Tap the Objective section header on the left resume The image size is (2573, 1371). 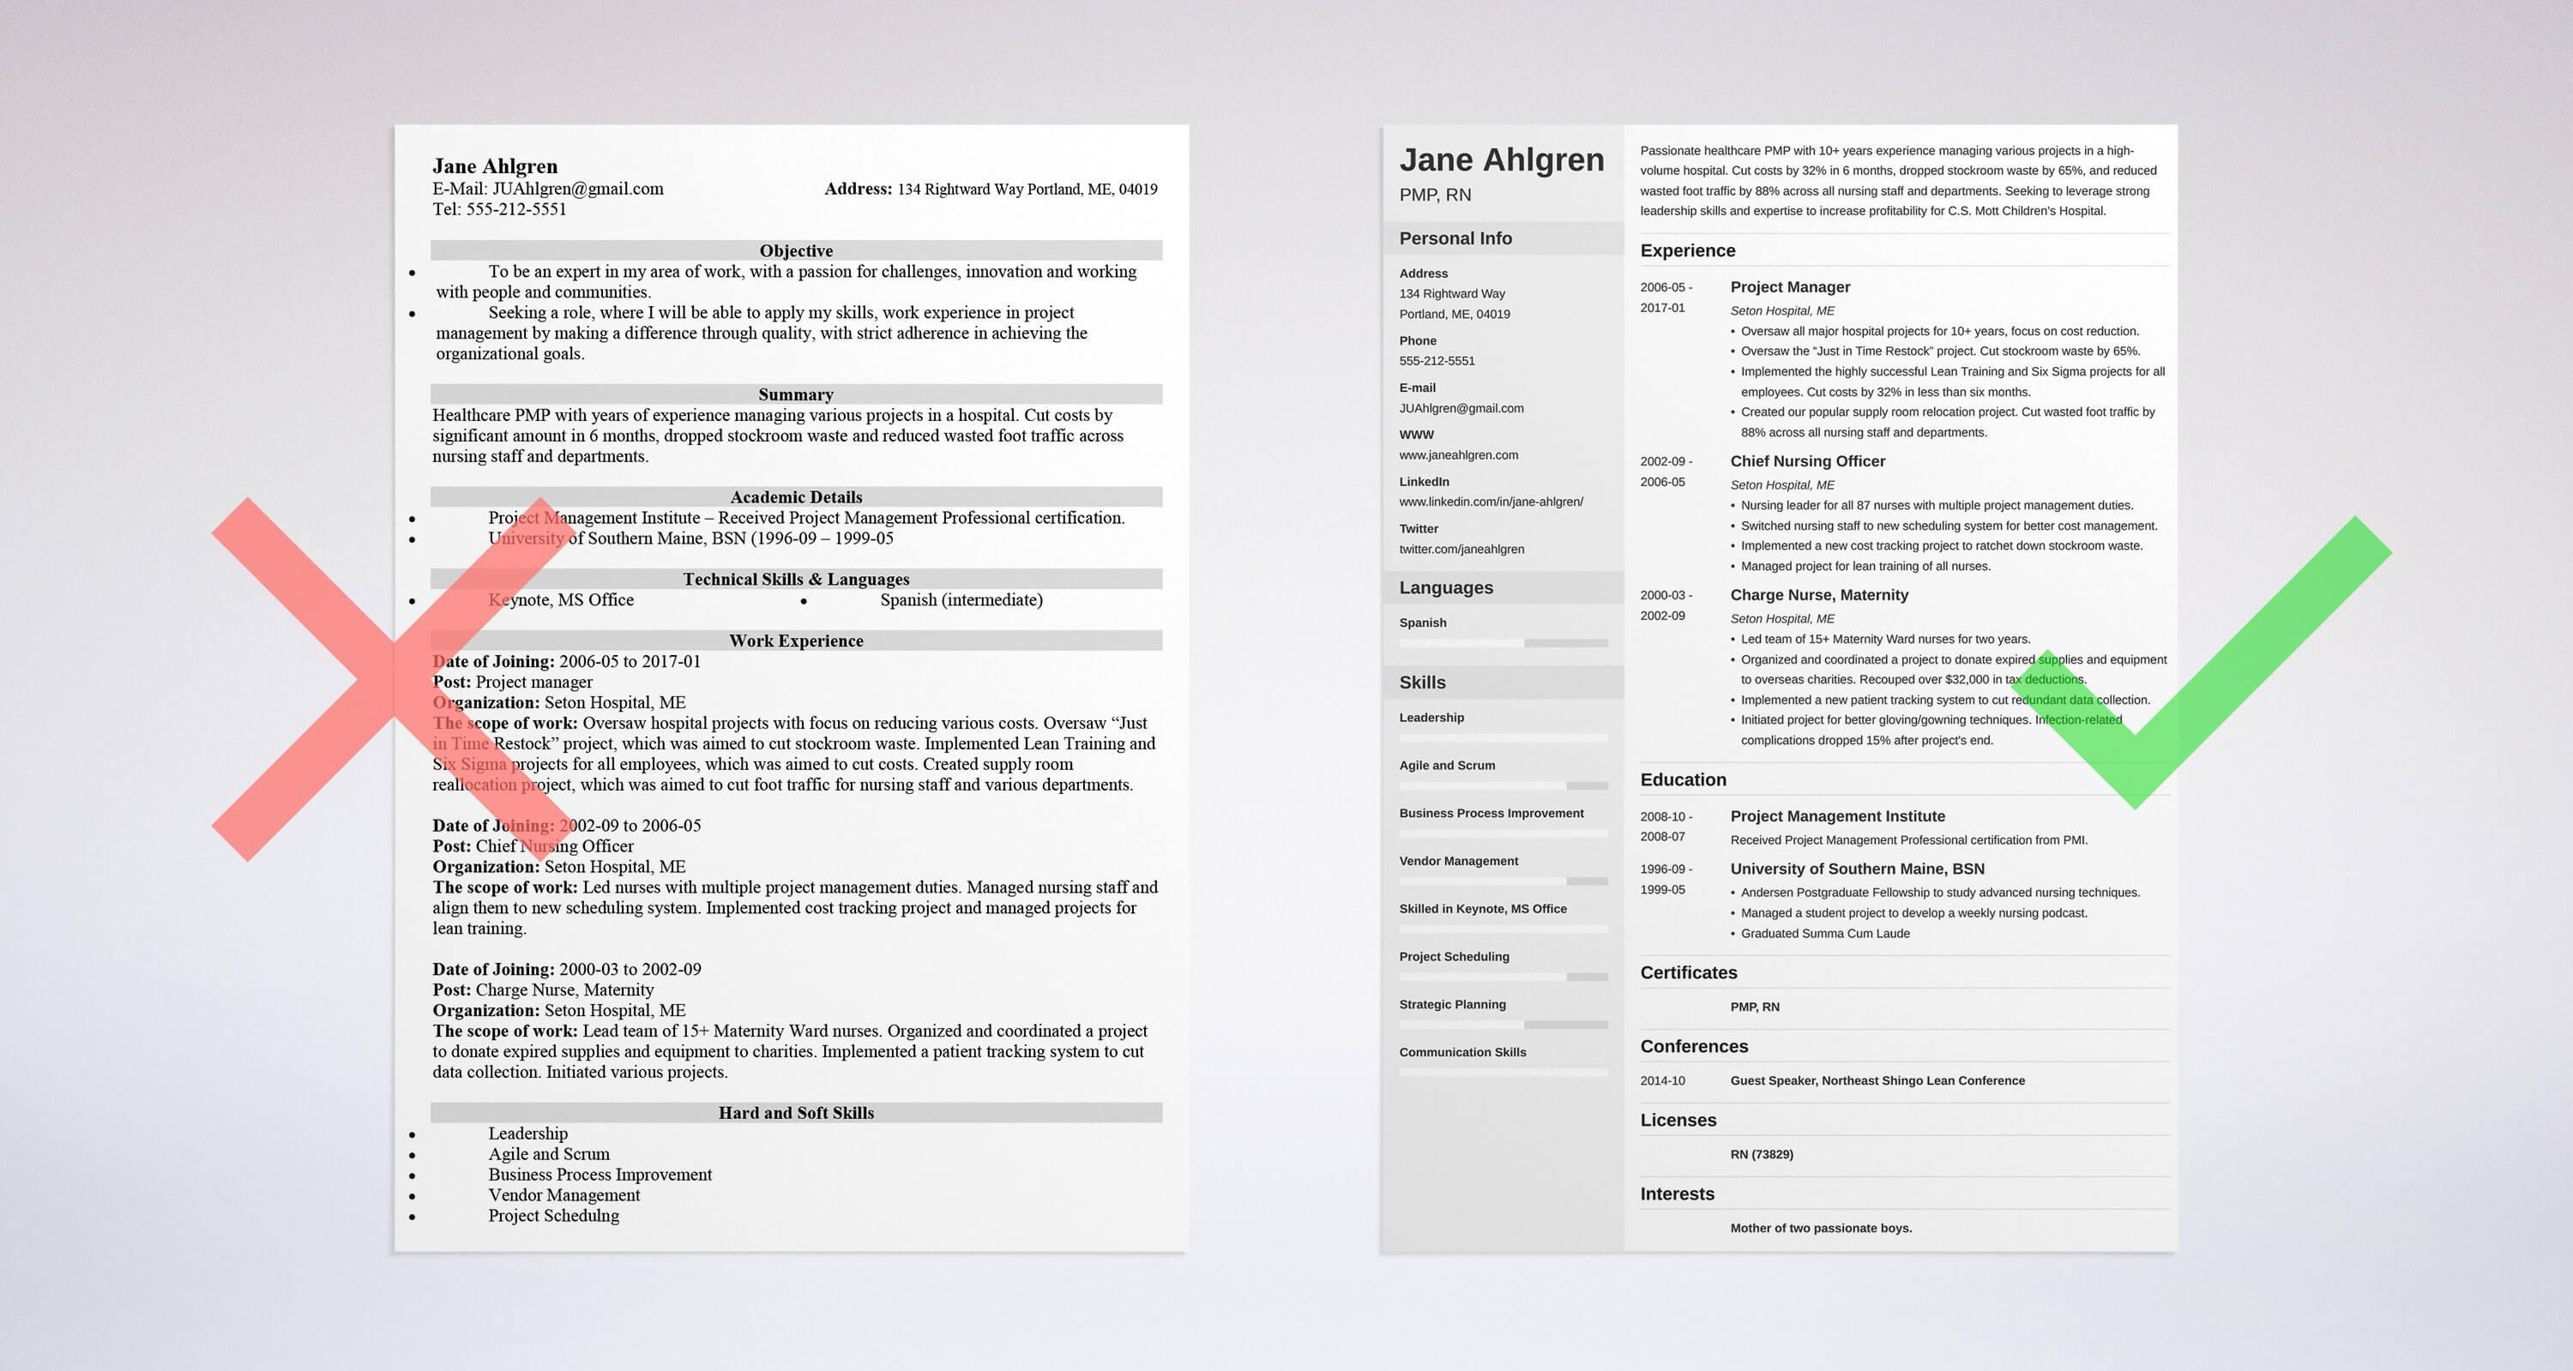795,250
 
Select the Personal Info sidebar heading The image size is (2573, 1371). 1455,238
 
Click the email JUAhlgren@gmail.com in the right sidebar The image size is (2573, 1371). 1461,408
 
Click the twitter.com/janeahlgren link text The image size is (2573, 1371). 1461,550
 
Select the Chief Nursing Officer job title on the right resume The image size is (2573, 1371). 1807,461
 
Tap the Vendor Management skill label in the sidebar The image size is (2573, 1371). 1458,861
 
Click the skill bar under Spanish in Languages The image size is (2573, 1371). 1503,643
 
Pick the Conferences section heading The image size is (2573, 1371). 1694,1047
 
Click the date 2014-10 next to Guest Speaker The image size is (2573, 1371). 1662,1080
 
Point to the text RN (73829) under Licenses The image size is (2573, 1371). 1761,1154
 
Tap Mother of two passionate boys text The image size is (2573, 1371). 1820,1228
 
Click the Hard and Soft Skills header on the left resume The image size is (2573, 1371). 795,1112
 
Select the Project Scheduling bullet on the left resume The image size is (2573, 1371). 553,1215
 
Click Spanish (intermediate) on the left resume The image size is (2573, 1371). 961,600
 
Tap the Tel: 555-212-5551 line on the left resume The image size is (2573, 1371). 499,208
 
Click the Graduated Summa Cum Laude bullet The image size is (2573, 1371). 1825,934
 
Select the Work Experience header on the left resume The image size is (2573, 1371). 795,641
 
